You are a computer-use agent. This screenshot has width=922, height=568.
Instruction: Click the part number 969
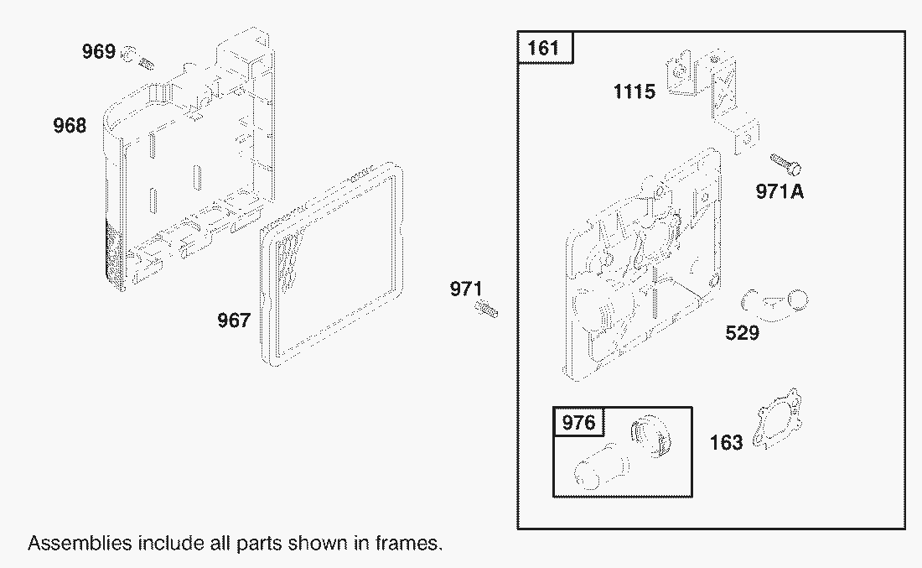coord(98,52)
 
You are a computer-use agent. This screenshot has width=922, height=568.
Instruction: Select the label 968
coord(70,125)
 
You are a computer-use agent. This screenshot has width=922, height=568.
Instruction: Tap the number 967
coord(234,320)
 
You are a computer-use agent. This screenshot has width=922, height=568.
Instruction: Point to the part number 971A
coord(780,191)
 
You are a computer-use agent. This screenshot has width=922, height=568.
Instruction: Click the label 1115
coord(634,91)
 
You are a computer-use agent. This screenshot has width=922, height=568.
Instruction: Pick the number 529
coord(742,333)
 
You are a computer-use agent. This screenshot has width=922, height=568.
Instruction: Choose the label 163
coord(726,443)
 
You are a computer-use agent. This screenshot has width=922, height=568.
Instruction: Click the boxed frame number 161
coord(543,48)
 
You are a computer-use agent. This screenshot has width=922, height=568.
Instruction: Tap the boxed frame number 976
coord(578,423)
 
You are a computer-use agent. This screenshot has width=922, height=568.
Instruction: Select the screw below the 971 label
coord(487,309)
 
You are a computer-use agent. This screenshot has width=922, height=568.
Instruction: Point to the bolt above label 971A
coord(786,164)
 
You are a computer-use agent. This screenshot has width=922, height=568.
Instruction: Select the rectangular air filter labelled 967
coord(331,265)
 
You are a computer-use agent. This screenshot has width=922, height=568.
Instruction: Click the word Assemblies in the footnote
coord(80,543)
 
